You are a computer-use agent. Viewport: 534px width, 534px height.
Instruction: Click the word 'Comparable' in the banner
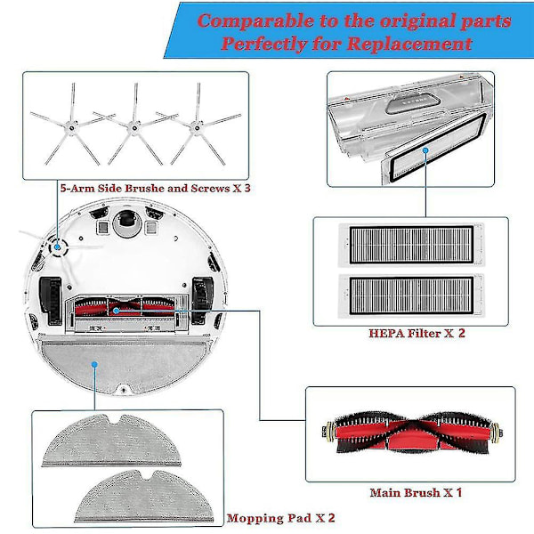click(x=255, y=21)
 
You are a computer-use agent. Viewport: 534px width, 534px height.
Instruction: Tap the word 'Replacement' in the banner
click(x=409, y=44)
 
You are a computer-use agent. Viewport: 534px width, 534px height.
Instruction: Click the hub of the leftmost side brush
click(x=71, y=128)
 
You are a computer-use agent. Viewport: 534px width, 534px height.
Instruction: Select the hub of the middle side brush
click(x=134, y=128)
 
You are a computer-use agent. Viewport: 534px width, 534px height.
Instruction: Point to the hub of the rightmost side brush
click(x=197, y=128)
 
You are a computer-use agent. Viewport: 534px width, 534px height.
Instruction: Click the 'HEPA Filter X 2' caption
click(x=417, y=333)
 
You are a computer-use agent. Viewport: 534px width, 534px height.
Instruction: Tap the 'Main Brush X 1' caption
click(x=416, y=492)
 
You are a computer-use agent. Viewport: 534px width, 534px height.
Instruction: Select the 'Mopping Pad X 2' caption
click(x=280, y=518)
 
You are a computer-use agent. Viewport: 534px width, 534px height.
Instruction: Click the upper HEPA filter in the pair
click(x=411, y=245)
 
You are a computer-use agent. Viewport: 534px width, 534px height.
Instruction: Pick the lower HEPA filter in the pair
click(x=411, y=295)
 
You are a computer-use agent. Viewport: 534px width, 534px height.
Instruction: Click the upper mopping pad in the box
click(x=111, y=441)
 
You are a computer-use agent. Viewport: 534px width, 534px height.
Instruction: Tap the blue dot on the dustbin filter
click(x=425, y=150)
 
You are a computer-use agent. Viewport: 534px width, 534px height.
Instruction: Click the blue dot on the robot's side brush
click(x=57, y=247)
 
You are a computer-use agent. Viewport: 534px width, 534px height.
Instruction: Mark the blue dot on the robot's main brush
click(x=116, y=311)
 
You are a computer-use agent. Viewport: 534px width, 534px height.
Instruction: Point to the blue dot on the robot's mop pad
click(x=94, y=365)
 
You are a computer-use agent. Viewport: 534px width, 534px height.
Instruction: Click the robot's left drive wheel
click(x=51, y=300)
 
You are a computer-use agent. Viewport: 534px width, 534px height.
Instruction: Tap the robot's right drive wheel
click(x=202, y=300)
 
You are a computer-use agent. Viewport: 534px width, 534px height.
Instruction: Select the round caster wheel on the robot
click(x=126, y=222)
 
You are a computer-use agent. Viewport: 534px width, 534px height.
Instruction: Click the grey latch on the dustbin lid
click(x=413, y=103)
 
